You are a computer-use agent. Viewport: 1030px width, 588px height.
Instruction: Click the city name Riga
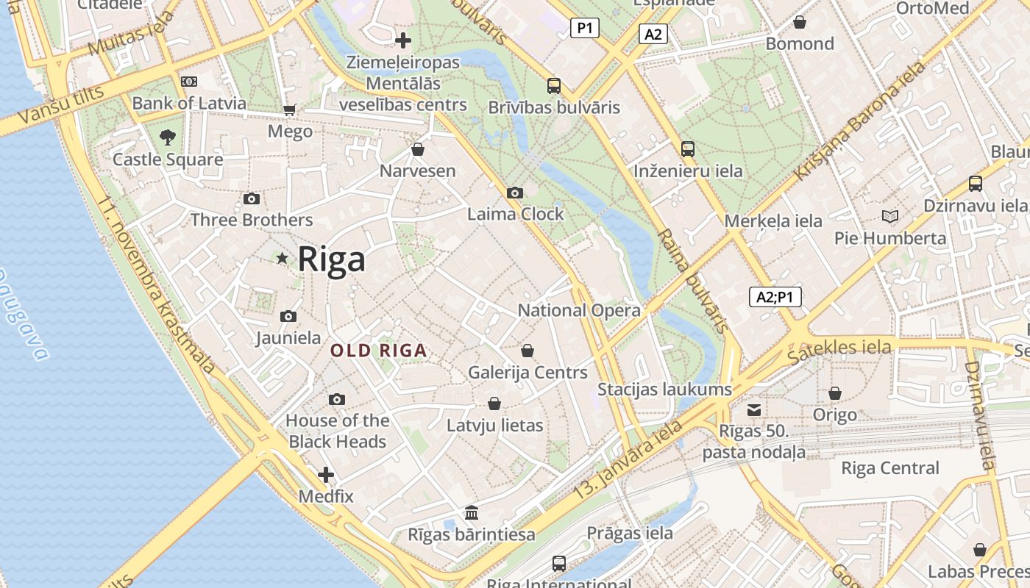point(331,259)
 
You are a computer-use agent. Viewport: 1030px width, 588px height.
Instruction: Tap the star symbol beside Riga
point(282,258)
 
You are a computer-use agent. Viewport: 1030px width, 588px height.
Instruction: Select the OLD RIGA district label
point(378,351)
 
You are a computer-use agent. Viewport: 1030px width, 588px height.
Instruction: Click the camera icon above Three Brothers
point(252,199)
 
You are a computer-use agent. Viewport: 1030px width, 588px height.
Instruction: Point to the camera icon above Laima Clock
point(515,193)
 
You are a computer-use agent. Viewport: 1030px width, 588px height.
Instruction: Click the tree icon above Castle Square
point(168,137)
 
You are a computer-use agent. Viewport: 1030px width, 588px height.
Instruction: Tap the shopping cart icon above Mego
point(290,110)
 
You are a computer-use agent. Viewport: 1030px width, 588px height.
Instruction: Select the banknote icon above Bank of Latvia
point(189,82)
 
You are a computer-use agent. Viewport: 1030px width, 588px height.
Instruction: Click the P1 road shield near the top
point(585,29)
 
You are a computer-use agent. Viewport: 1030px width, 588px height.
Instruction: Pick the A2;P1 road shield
point(775,297)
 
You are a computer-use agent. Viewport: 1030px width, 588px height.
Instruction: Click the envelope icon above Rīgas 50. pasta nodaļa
point(754,410)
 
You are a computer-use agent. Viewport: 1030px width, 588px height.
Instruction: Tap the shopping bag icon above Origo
point(835,394)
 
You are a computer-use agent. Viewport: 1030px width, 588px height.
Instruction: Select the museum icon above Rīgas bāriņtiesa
point(472,512)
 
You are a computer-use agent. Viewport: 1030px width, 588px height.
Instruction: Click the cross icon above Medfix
point(326,475)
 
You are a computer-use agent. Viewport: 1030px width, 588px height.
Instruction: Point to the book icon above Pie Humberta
point(890,217)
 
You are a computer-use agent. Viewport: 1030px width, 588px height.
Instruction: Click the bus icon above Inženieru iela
point(688,149)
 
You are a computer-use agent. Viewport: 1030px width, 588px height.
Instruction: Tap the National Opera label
point(579,310)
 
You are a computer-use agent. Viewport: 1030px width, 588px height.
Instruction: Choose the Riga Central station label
point(890,468)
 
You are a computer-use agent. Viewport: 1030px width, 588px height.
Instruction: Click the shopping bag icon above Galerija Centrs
point(528,351)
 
